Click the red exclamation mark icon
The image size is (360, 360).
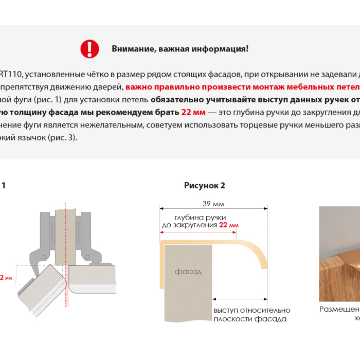pyautogui.click(x=89, y=48)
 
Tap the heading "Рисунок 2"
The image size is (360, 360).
pyautogui.click(x=205, y=186)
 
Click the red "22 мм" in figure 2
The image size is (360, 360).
pyautogui.click(x=229, y=225)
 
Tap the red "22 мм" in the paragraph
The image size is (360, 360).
pyautogui.click(x=193, y=112)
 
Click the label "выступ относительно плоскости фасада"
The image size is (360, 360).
pyautogui.click(x=251, y=314)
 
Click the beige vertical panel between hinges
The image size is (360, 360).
pyautogui.click(x=65, y=231)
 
